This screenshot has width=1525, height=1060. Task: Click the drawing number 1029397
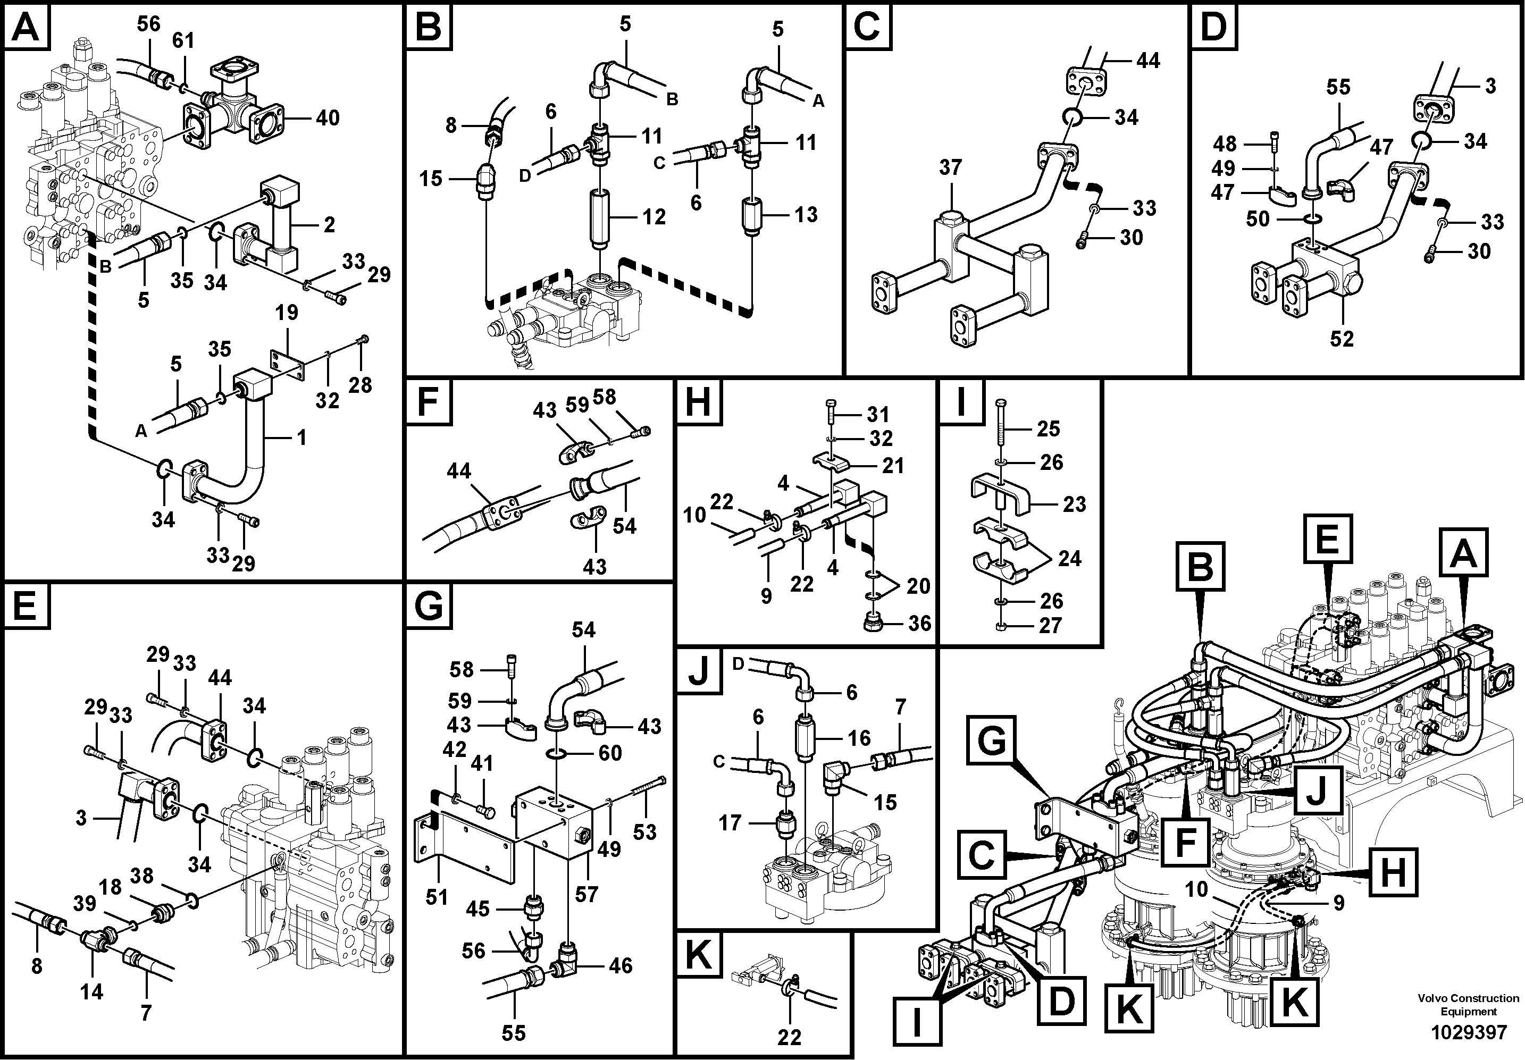pos(1468,1033)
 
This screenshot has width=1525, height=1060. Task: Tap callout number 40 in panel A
pos(328,118)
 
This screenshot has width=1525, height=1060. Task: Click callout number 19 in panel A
pos(287,313)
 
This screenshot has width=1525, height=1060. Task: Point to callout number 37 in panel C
pos(951,167)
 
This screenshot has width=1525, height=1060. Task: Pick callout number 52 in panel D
pos(1342,339)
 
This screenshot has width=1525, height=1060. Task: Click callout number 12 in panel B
pos(653,217)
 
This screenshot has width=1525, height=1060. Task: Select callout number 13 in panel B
pos(806,215)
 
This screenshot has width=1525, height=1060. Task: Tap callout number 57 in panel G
pos(586,895)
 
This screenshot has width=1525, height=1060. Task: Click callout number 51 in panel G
pos(437,897)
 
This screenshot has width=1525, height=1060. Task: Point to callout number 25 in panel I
pos(1048,429)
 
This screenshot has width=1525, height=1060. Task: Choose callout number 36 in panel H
pos(919,623)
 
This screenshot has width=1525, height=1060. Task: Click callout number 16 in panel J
pos(859,738)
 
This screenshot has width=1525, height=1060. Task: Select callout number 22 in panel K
pos(789,1036)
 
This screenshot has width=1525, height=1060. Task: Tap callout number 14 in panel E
pos(91,991)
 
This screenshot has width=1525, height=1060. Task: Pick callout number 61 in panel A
pos(183,40)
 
